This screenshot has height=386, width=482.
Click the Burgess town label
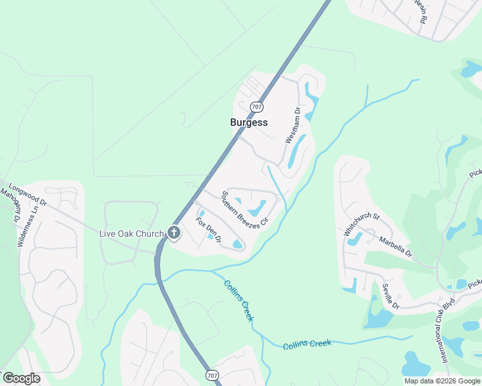[249, 122]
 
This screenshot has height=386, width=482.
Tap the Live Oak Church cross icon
[174, 233]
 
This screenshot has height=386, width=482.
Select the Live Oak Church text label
[131, 233]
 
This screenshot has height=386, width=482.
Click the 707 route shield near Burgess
[256, 106]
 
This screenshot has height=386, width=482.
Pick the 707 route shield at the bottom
[212, 374]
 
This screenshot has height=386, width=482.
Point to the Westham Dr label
[294, 125]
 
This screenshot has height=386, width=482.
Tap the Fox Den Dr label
[209, 230]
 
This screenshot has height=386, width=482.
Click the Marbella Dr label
[396, 247]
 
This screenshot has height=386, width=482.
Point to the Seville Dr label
[390, 297]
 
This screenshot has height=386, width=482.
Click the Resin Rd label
[420, 12]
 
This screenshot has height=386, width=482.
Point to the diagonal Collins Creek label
[238, 300]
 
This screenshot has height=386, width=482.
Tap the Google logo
[21, 378]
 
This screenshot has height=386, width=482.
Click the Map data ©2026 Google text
[442, 381]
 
